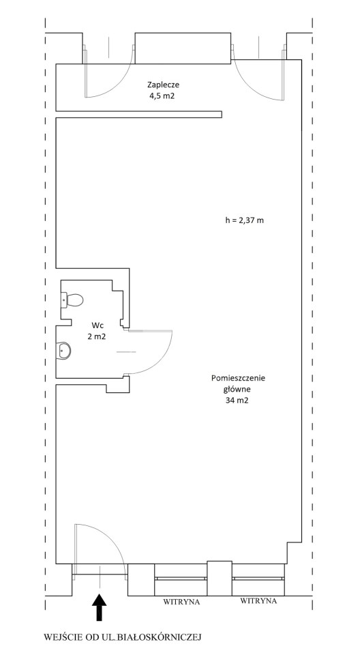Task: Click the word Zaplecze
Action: click(163, 85)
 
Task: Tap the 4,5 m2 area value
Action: click(163, 95)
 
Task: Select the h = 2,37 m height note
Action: click(244, 220)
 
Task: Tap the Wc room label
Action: click(96, 325)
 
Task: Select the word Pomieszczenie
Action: click(239, 379)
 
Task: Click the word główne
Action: click(237, 390)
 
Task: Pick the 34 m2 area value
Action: click(237, 401)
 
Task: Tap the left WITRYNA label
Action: click(181, 602)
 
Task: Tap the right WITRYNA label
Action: click(258, 600)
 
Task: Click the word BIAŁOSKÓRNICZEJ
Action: click(160, 637)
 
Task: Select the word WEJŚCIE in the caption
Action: click(59, 637)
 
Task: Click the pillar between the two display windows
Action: click(220, 579)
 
